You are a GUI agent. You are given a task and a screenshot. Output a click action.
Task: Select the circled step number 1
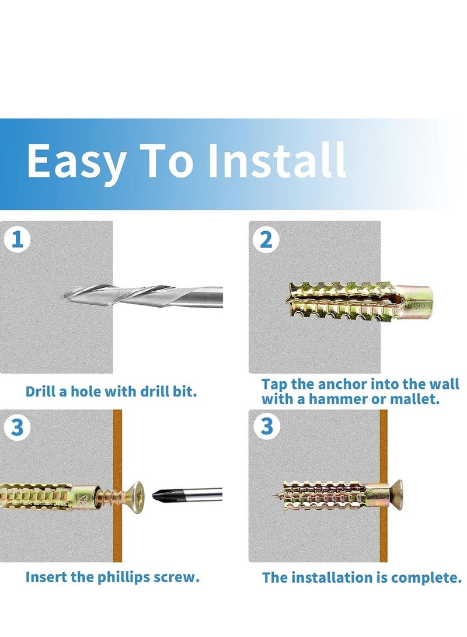point(17,240)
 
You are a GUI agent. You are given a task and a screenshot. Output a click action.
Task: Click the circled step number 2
point(266,240)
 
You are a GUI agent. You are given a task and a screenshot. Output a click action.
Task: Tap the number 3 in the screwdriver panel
point(17,428)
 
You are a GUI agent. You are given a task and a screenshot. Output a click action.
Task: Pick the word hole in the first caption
point(87,392)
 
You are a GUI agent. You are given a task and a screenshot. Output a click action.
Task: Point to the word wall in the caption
point(444,384)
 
